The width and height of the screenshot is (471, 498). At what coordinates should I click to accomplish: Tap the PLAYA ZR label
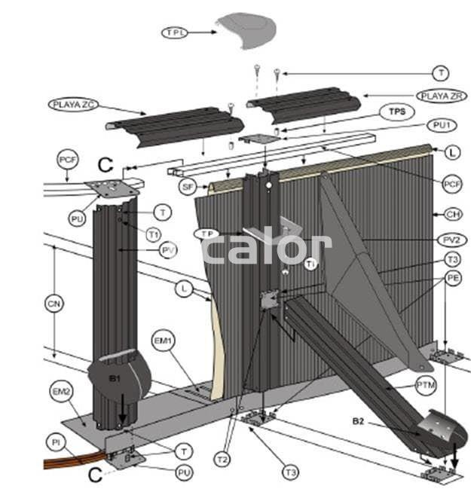pos(441,96)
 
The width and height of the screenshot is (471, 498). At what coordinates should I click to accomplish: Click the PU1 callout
pos(441,124)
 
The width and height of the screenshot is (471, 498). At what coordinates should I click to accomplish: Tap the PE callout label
pos(453,278)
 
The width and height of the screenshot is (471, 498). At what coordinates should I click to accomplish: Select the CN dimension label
pos(52,304)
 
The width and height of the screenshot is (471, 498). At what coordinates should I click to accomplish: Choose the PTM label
pos(426,385)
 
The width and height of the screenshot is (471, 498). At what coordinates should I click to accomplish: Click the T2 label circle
pos(222,458)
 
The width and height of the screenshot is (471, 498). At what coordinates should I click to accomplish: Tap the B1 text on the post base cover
pos(115,378)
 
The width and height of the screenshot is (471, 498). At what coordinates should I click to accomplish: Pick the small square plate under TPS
pos(255,139)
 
